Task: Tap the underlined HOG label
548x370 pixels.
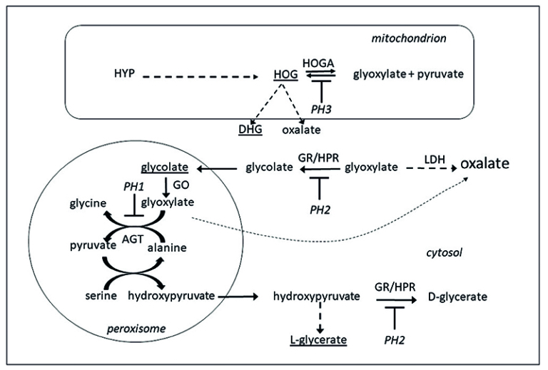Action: pyautogui.click(x=285, y=74)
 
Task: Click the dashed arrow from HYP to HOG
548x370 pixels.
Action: pyautogui.click(x=200, y=74)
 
